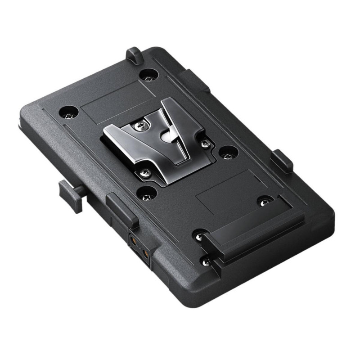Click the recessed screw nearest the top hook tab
(x=147, y=76)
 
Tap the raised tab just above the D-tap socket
(x=121, y=209)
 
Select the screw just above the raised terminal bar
(x=264, y=201)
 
